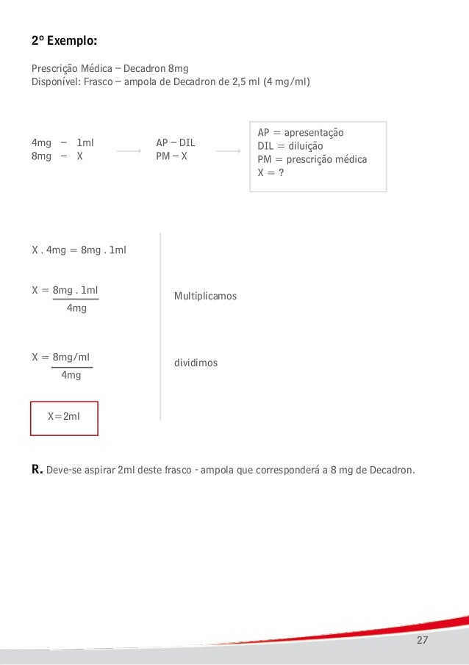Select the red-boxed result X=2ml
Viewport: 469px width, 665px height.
click(64, 417)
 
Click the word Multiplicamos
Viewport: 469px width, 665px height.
click(206, 296)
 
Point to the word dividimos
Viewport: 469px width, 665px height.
click(196, 363)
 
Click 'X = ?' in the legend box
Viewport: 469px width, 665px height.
click(271, 172)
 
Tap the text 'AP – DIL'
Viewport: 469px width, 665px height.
click(176, 142)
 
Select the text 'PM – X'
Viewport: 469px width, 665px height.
click(172, 156)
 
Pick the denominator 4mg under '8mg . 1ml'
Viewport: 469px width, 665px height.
click(76, 308)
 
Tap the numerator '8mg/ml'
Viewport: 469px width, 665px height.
click(72, 357)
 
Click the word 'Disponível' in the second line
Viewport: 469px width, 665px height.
click(54, 81)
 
